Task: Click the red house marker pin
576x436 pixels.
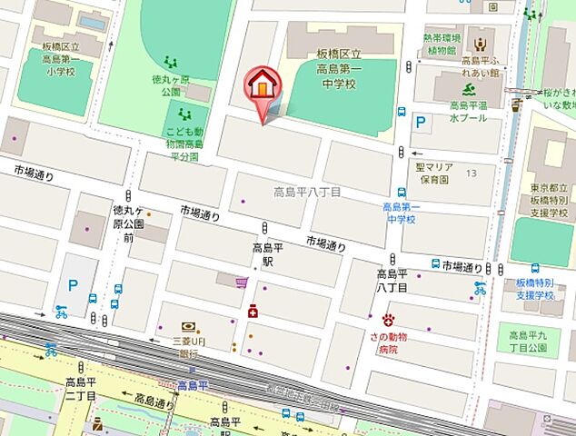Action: coord(261,87)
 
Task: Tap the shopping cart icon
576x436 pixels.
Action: coord(242,283)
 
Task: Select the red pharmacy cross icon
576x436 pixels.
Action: coord(252,312)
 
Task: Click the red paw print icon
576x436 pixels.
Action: coord(389,320)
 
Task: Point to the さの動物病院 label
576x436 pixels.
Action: coord(390,342)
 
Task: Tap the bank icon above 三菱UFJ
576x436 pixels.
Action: coord(188,326)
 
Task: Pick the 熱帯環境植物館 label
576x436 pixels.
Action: coord(442,45)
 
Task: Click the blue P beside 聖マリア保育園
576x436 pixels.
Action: coord(421,121)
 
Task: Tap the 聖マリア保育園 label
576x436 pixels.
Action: coord(434,173)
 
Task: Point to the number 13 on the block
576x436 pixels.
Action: coord(471,173)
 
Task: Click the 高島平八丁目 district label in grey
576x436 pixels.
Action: coord(307,193)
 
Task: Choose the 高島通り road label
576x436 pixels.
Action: coord(154,400)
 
